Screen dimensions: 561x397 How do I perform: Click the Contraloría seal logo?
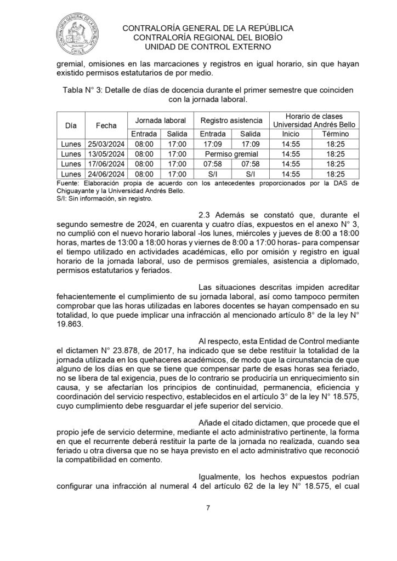point(81,33)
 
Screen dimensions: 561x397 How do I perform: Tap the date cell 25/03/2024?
point(106,144)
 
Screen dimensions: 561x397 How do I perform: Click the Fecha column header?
point(106,125)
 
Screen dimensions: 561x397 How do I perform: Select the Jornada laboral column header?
point(161,120)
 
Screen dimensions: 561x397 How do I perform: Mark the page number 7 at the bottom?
point(208,507)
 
